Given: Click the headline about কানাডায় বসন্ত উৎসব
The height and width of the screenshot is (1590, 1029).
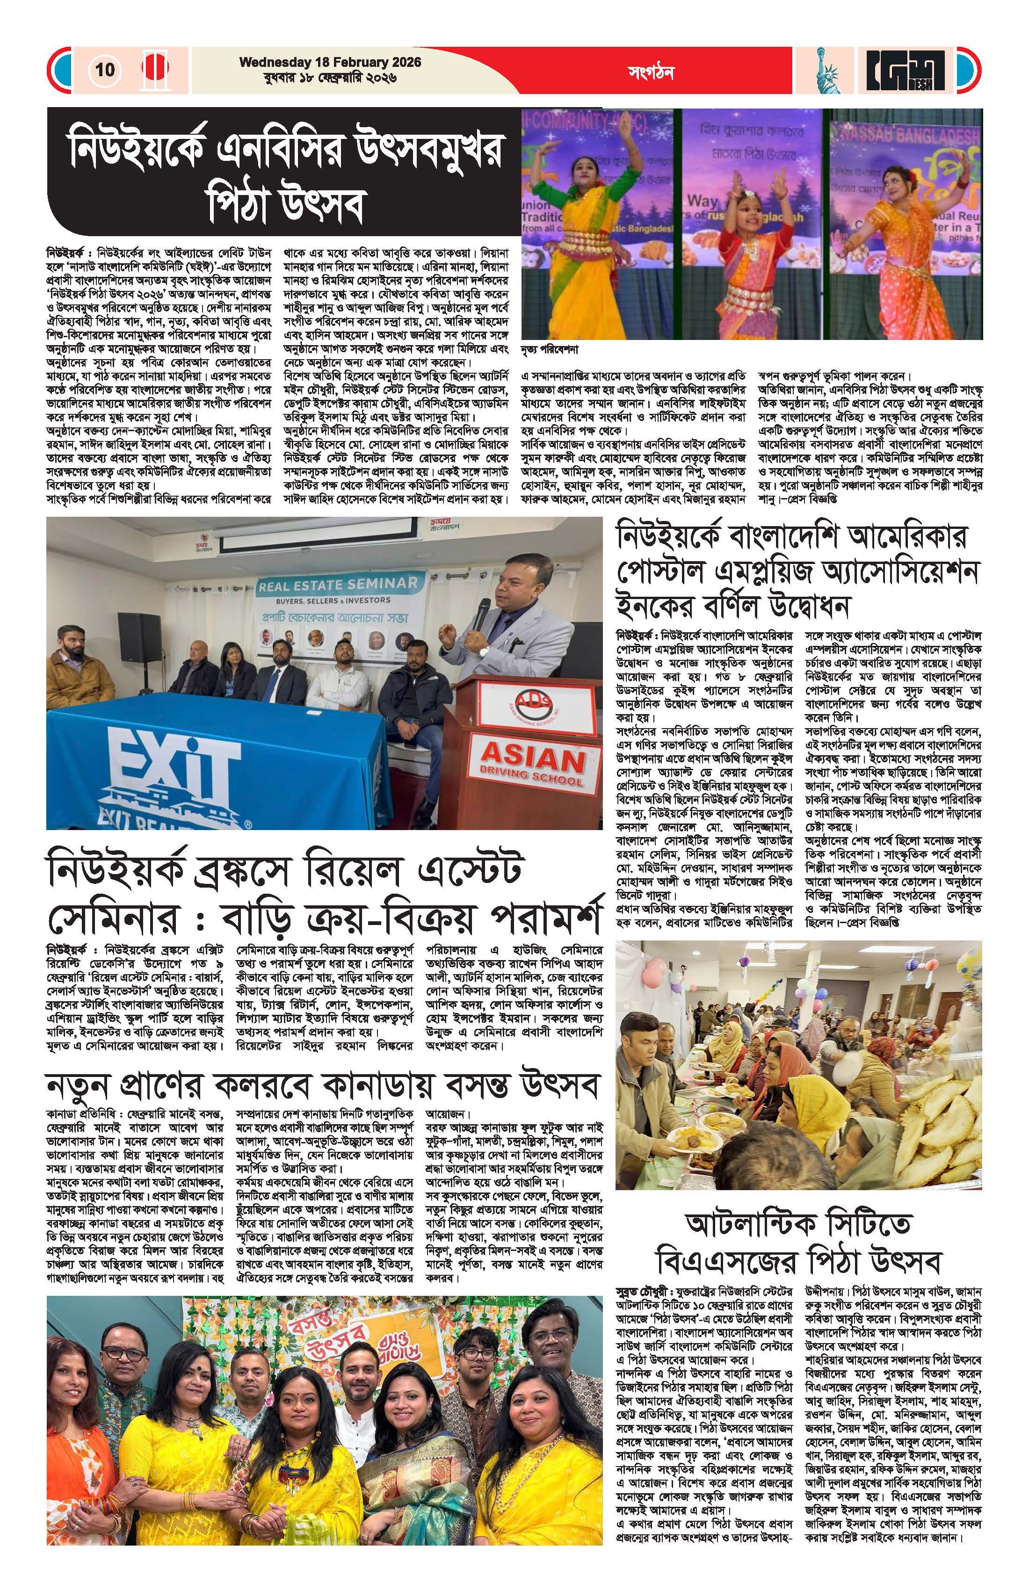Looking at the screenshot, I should coord(323,1085).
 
